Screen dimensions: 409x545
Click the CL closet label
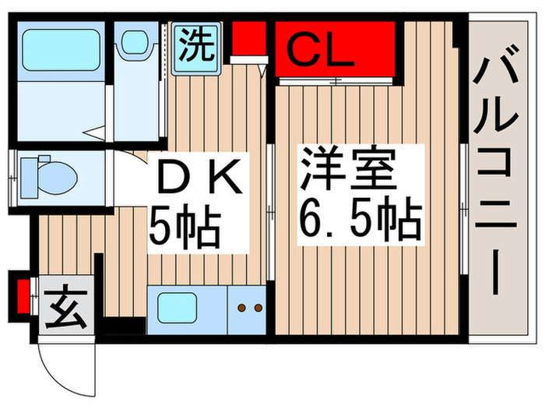click(321, 52)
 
